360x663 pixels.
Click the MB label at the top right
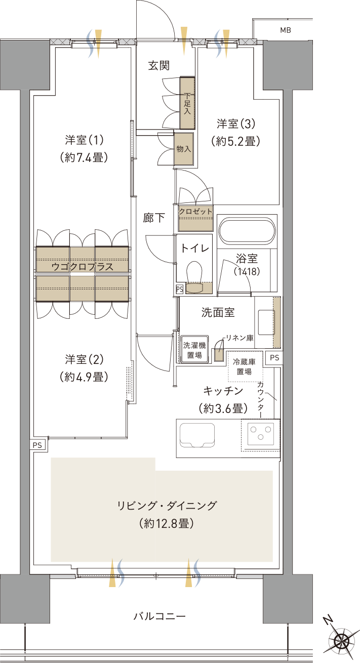coord(286,30)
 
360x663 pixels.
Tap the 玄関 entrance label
coord(159,65)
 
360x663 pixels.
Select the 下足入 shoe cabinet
coord(187,103)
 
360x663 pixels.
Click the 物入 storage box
coord(184,149)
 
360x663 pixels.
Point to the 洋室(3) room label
coord(235,123)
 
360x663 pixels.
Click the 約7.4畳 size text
coord(84,157)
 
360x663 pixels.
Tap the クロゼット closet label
coord(195,212)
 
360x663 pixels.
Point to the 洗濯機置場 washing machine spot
coord(194,350)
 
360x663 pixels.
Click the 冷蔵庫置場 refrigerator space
coord(245,366)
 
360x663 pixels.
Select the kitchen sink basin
coord(197,435)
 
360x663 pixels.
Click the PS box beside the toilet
coord(179,289)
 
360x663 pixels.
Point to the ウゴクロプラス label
coord(83,266)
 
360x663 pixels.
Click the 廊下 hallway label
coord(153,218)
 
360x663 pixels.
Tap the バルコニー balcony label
coord(159,616)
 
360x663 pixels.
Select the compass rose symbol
coord(343,639)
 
